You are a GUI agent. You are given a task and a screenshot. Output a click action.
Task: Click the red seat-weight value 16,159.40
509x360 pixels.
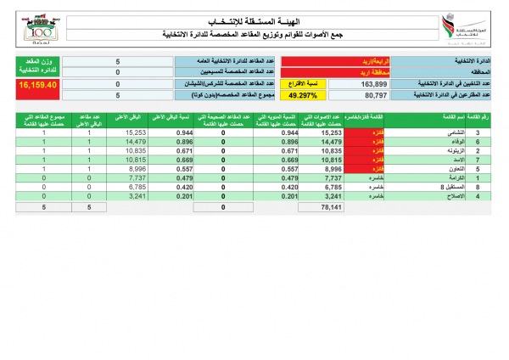click(x=35, y=85)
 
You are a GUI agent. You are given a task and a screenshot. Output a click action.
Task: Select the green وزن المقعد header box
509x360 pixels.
click(x=35, y=67)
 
